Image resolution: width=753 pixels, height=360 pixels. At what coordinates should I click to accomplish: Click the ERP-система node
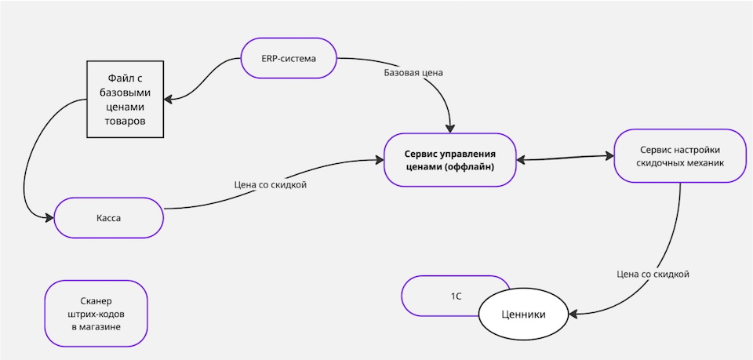point(289,57)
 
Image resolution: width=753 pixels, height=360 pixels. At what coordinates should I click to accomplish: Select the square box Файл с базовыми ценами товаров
point(125,100)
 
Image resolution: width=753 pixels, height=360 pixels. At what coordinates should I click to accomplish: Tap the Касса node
point(108,218)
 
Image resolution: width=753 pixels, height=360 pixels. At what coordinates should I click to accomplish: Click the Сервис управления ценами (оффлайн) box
point(450,159)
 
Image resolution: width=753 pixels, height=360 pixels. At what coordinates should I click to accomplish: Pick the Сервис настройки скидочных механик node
point(679,156)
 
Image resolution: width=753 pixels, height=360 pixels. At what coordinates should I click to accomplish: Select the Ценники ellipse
point(523,315)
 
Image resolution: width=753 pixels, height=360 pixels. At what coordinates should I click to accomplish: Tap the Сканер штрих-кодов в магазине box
point(96,313)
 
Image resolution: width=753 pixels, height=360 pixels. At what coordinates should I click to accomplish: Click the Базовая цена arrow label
point(413,74)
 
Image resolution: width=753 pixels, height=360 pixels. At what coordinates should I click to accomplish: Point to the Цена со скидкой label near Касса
point(271,185)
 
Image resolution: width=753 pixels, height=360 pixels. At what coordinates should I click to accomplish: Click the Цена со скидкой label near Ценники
point(653,275)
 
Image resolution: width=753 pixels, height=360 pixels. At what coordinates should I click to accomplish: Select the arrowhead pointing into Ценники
point(573,315)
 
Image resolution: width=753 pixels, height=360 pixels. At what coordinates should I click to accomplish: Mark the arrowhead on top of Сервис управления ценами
point(450,128)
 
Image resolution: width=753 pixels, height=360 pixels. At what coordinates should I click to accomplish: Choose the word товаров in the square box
point(125,122)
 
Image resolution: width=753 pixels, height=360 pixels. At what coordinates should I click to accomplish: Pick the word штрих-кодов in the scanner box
point(96,313)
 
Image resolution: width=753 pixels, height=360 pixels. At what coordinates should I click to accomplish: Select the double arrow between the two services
point(565,158)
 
